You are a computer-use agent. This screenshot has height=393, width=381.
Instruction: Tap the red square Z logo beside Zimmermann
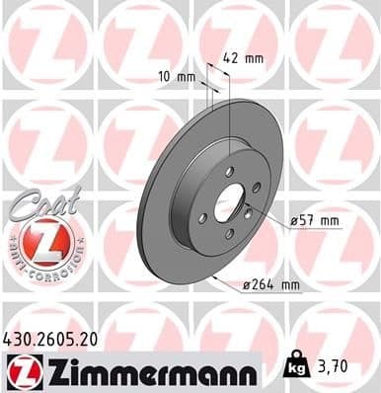point(20,372)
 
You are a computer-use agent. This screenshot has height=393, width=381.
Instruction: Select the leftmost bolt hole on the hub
point(202,217)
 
